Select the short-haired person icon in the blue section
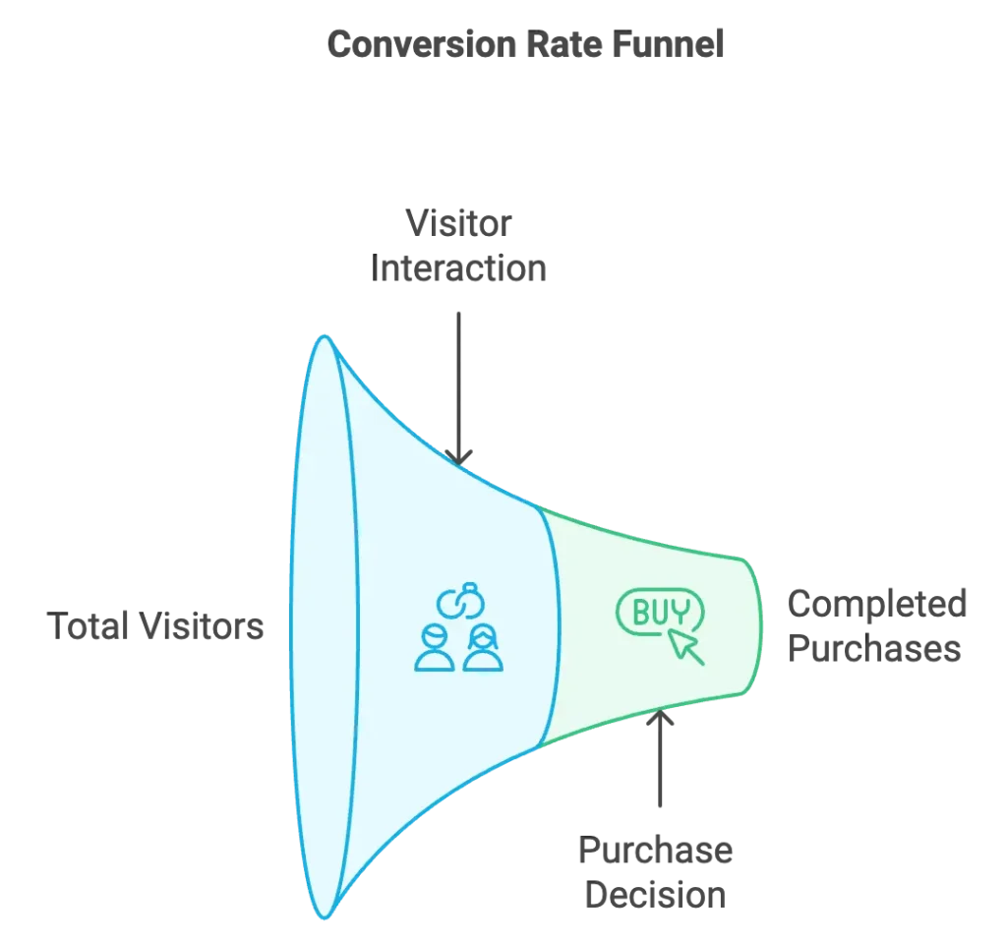pyautogui.click(x=435, y=647)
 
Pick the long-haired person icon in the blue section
pyautogui.click(x=483, y=649)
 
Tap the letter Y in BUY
pyautogui.click(x=680, y=615)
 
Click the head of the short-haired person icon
pyautogui.click(x=435, y=635)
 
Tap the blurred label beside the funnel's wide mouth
pyautogui.click(x=154, y=626)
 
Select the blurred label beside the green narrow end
pyautogui.click(x=875, y=626)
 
